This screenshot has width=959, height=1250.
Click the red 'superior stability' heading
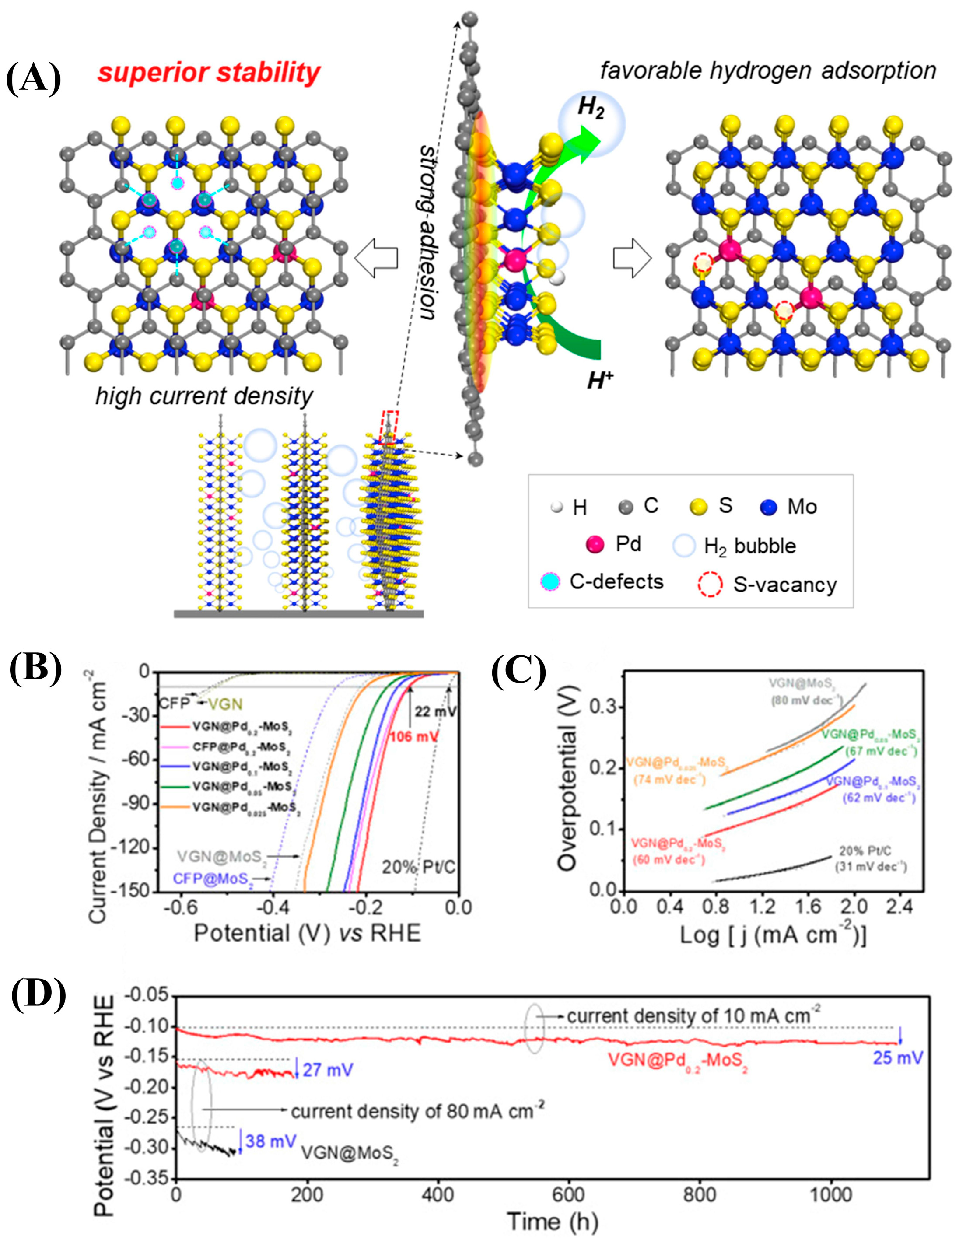click(x=208, y=73)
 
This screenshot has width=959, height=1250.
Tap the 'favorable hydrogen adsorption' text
click(x=768, y=71)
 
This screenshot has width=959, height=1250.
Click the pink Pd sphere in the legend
click(x=595, y=544)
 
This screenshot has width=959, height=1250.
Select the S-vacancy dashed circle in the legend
click(x=710, y=585)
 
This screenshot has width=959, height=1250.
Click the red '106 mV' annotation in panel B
click(x=414, y=736)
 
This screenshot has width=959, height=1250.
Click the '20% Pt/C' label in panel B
click(x=418, y=868)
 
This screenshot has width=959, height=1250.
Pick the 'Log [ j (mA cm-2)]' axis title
click(x=773, y=935)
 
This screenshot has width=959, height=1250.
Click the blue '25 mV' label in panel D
click(x=897, y=1057)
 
